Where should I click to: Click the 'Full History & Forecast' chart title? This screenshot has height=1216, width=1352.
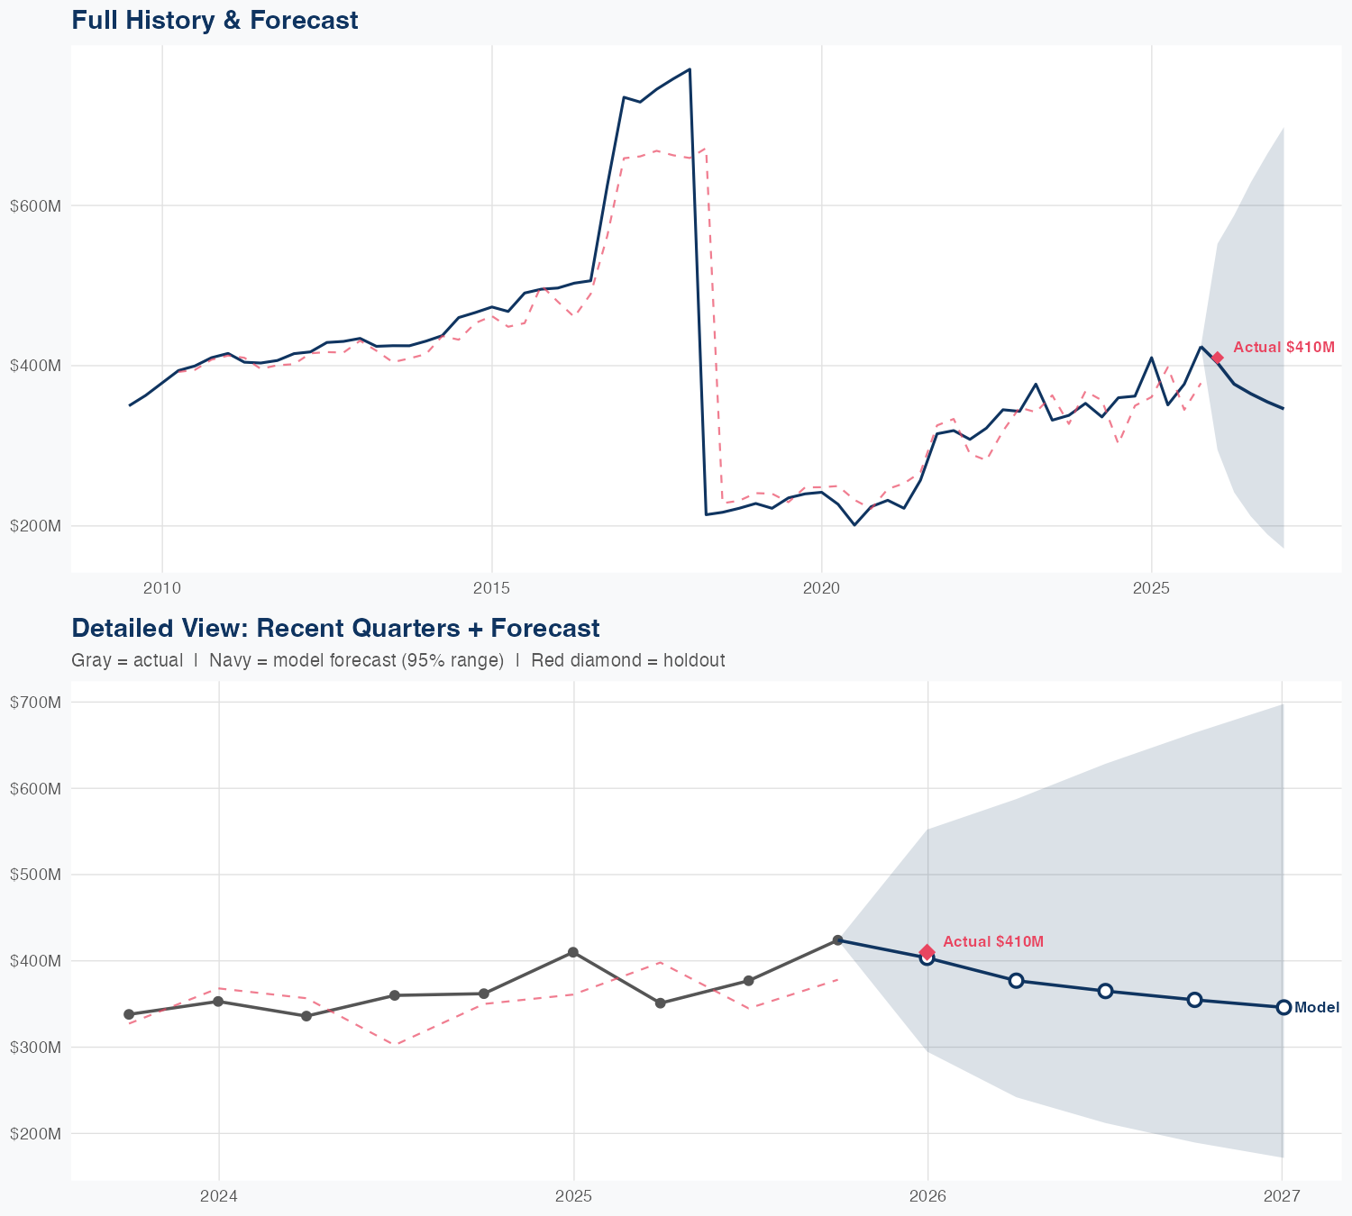click(215, 20)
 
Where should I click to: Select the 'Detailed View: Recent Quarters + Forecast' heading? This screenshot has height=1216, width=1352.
click(335, 628)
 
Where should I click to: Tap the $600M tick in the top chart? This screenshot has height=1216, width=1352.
click(35, 206)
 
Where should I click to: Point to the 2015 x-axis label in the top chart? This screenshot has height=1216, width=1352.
click(491, 589)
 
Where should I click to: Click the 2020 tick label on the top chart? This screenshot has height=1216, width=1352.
click(821, 589)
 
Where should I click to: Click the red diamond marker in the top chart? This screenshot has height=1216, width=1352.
click(1217, 358)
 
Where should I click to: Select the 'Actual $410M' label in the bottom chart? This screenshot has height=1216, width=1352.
click(993, 942)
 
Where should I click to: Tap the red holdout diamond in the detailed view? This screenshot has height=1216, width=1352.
click(927, 952)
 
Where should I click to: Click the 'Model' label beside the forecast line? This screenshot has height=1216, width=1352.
click(1316, 1008)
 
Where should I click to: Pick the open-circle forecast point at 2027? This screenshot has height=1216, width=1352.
click(1283, 1007)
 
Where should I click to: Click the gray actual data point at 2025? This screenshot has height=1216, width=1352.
click(573, 952)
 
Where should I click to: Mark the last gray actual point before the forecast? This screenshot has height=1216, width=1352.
click(837, 940)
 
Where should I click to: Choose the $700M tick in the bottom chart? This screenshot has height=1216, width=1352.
click(35, 703)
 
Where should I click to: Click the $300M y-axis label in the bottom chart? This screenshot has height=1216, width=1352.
click(35, 1048)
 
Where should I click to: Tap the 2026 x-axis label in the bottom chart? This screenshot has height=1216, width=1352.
click(927, 1197)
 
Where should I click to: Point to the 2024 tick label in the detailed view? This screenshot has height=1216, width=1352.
click(218, 1197)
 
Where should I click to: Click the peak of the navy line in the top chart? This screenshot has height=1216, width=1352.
click(690, 69)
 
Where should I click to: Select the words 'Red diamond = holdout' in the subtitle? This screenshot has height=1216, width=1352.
click(627, 661)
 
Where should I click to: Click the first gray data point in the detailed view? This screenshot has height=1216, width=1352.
click(129, 1014)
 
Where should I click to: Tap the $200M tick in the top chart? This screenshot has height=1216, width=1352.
click(35, 526)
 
